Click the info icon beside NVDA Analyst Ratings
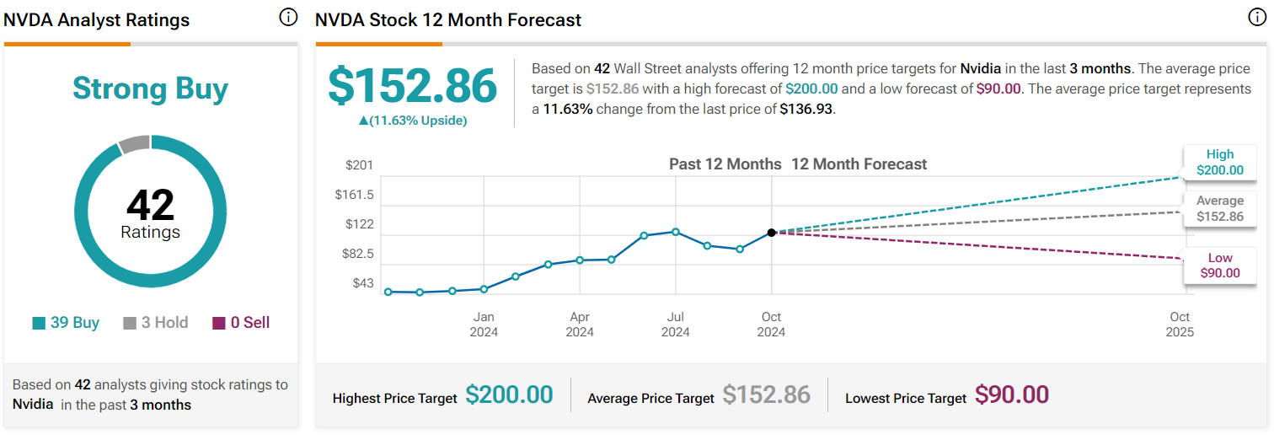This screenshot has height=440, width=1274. click(288, 18)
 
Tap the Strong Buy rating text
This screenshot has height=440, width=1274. click(150, 89)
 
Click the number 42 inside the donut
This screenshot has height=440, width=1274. click(150, 205)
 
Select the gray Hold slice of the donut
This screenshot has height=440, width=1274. click(133, 144)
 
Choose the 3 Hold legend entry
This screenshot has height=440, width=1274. click(156, 323)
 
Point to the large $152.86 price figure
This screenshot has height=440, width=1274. click(412, 86)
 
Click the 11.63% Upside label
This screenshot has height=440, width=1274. click(412, 121)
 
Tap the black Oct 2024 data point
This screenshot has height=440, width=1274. click(771, 232)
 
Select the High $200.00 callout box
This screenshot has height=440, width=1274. click(1219, 162)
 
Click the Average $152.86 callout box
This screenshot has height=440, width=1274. click(1219, 208)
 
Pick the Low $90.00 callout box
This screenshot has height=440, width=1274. click(1219, 266)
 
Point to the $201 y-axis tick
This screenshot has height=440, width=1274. click(359, 165)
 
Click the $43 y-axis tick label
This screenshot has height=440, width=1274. click(362, 283)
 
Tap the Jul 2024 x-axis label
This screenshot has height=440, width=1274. click(675, 324)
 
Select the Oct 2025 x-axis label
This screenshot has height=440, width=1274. click(1180, 324)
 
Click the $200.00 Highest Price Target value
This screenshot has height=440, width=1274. click(509, 394)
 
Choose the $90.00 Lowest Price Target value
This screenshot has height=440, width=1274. click(1012, 394)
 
